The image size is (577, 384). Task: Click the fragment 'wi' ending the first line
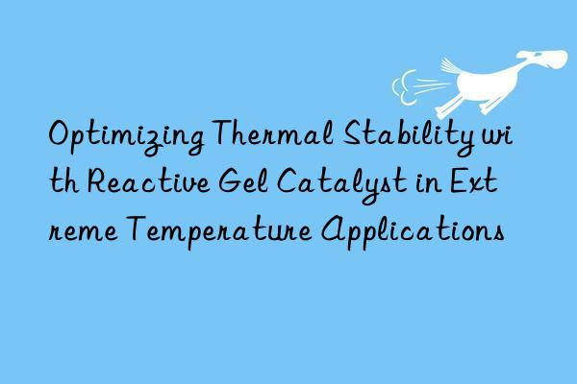pos(500,137)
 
